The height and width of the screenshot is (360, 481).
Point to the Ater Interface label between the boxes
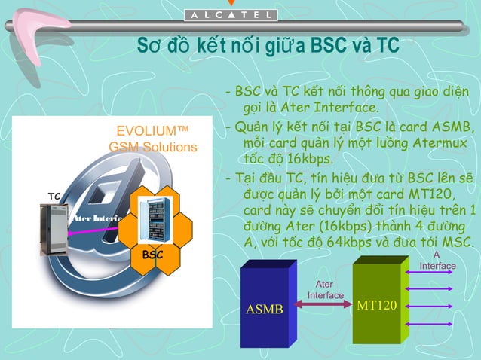pyautogui.click(x=325, y=290)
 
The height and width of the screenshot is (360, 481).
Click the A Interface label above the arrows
pyautogui.click(x=438, y=261)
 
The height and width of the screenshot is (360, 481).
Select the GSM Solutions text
pyautogui.click(x=153, y=146)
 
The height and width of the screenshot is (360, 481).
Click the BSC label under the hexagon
pyautogui.click(x=153, y=255)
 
